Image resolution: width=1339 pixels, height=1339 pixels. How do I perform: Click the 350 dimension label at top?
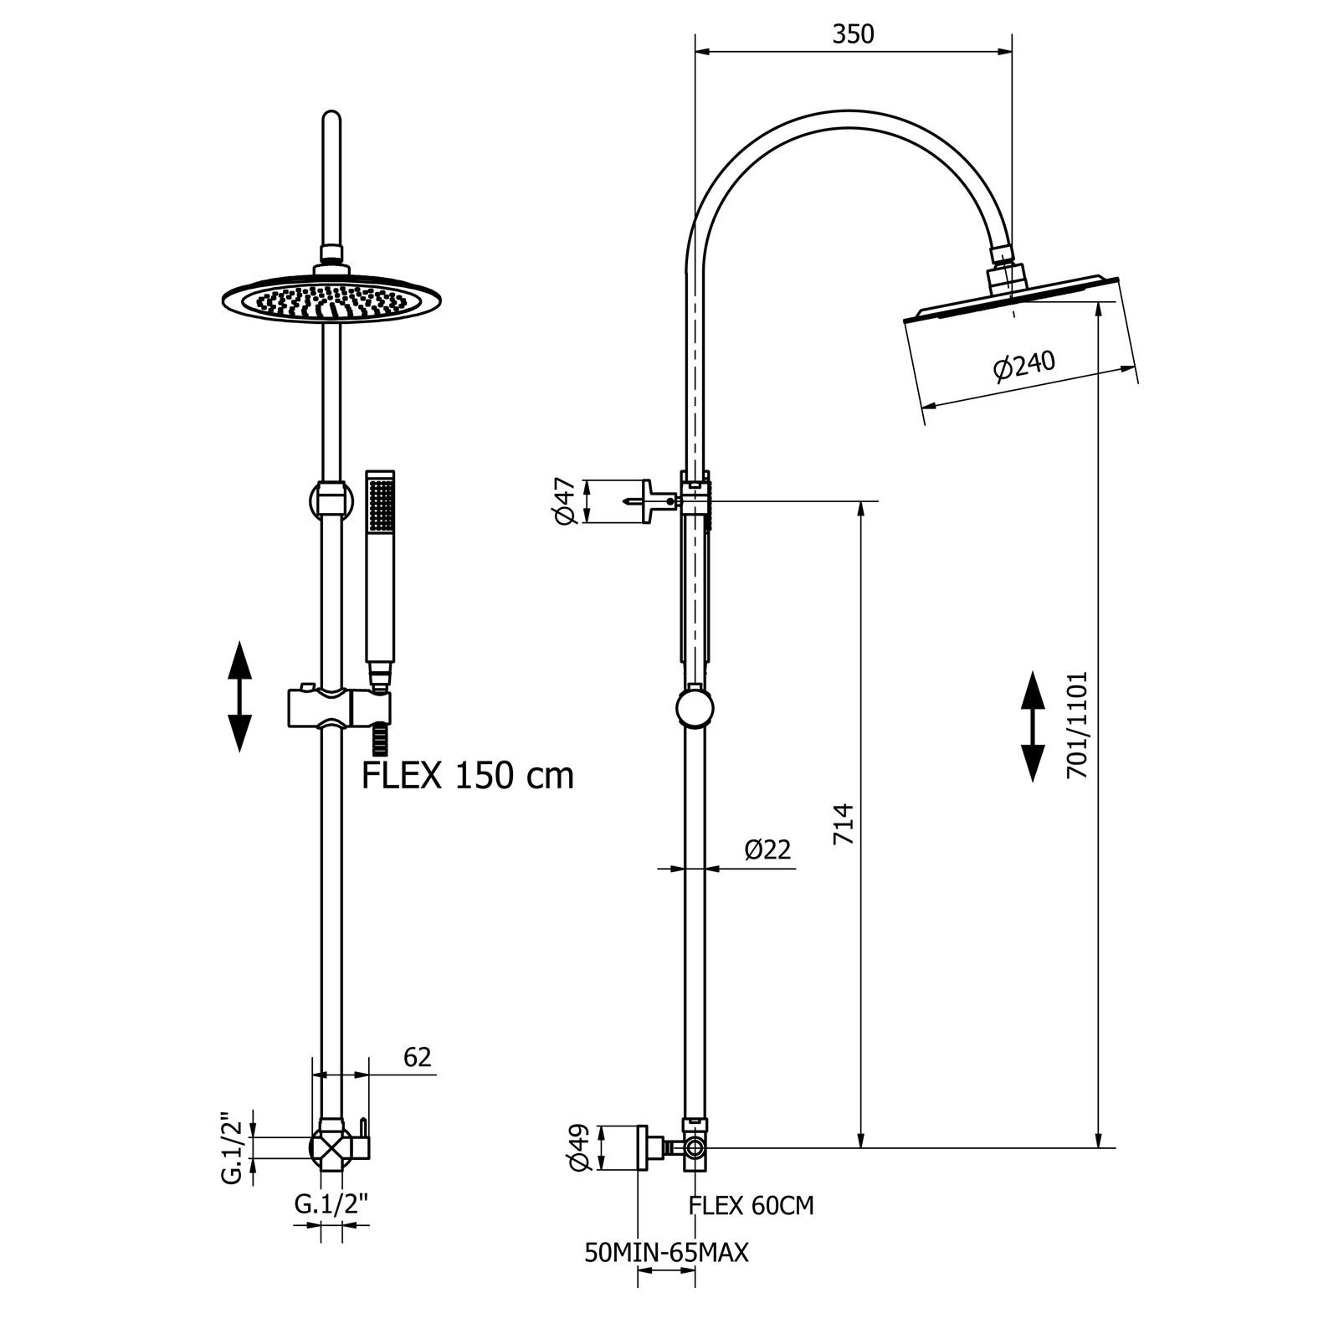[x=853, y=34]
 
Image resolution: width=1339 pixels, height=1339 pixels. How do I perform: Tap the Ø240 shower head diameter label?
[x=1024, y=365]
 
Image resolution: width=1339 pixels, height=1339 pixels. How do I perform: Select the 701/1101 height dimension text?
[x=1077, y=725]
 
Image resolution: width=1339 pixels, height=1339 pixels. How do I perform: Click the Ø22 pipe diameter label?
[x=767, y=850]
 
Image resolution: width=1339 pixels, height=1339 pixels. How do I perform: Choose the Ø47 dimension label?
[x=566, y=501]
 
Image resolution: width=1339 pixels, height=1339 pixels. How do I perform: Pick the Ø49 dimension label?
[x=579, y=1147]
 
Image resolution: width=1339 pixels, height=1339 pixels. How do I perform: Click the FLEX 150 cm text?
[x=468, y=776]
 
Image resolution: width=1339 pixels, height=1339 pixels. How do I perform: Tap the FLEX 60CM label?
[x=751, y=1206]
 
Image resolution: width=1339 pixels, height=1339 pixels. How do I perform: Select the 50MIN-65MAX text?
[x=666, y=1253]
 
